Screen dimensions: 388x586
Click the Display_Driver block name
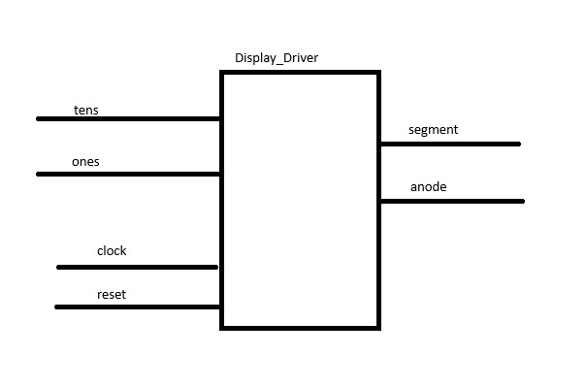point(277,58)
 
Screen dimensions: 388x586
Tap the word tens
point(85,111)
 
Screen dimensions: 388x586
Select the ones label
point(85,162)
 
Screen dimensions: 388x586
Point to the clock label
point(112,251)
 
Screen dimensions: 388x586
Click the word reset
point(112,294)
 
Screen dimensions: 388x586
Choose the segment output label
point(433,129)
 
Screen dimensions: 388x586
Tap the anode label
point(428,186)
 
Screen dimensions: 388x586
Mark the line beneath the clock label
point(137,267)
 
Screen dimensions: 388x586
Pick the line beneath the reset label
point(137,307)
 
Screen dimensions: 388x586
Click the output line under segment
point(450,144)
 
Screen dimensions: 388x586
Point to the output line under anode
point(452,201)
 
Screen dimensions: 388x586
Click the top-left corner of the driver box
point(222,73)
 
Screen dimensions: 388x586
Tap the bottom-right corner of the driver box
point(378,328)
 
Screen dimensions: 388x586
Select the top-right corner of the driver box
point(378,73)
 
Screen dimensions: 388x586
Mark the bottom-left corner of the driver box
point(222,328)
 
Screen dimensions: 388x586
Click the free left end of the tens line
point(39,118)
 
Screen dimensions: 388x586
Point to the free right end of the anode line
point(522,201)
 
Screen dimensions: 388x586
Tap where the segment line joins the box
point(380,144)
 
